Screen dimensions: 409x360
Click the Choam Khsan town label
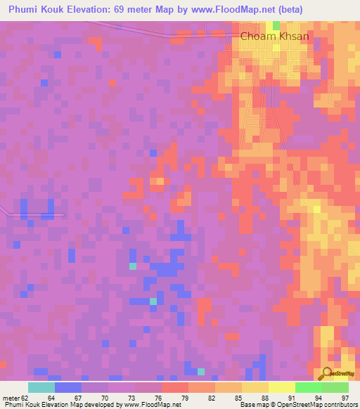point(275,36)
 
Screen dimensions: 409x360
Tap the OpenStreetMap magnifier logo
point(328,373)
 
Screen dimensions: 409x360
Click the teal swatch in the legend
point(41,387)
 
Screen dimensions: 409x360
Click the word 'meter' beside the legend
point(11,397)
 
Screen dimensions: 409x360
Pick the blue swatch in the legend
point(68,387)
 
